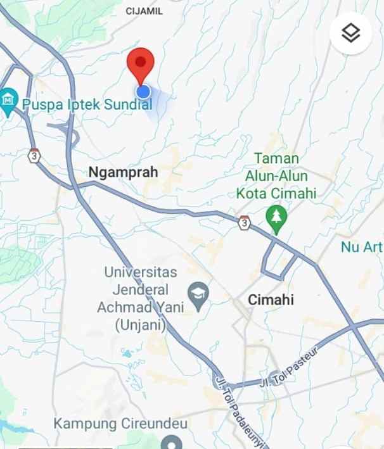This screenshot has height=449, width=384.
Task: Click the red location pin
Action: [141, 64]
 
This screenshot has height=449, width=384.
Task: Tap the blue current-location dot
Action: [143, 92]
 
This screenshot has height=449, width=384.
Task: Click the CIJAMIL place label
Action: [144, 11]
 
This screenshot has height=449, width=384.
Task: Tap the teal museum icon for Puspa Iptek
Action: [8, 100]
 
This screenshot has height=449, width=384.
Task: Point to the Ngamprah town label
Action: [123, 172]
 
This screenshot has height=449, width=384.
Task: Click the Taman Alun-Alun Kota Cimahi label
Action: [276, 175]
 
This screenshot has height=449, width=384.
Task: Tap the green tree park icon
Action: [276, 217]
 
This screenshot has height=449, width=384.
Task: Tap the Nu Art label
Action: [362, 247]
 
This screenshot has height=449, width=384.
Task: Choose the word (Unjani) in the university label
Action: [140, 326]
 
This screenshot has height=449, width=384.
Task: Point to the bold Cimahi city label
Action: [271, 300]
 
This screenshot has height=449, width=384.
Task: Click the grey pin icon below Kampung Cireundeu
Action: [170, 442]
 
